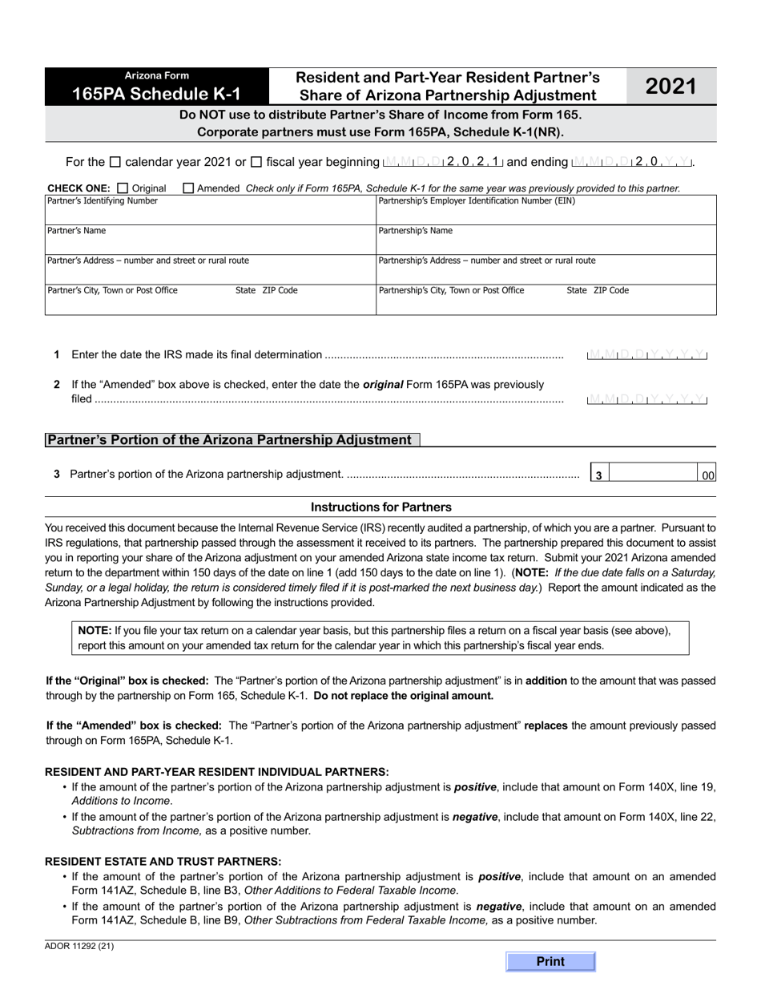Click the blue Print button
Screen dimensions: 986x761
pyautogui.click(x=550, y=961)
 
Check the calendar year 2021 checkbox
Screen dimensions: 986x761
pyautogui.click(x=115, y=162)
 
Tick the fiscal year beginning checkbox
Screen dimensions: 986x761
pyautogui.click(x=256, y=162)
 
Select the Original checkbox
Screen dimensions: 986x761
pyautogui.click(x=123, y=188)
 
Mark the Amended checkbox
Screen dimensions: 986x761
pyautogui.click(x=188, y=188)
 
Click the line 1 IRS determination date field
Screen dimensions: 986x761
pyautogui.click(x=647, y=354)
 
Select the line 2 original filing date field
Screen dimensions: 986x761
pyautogui.click(x=647, y=398)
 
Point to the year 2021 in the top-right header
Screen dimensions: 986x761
pyautogui.click(x=670, y=86)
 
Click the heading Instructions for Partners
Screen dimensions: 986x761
pyautogui.click(x=380, y=507)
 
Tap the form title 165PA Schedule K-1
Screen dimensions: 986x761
pyautogui.click(x=155, y=93)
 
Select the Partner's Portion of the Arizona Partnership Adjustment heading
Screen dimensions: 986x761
pyautogui.click(x=229, y=439)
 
